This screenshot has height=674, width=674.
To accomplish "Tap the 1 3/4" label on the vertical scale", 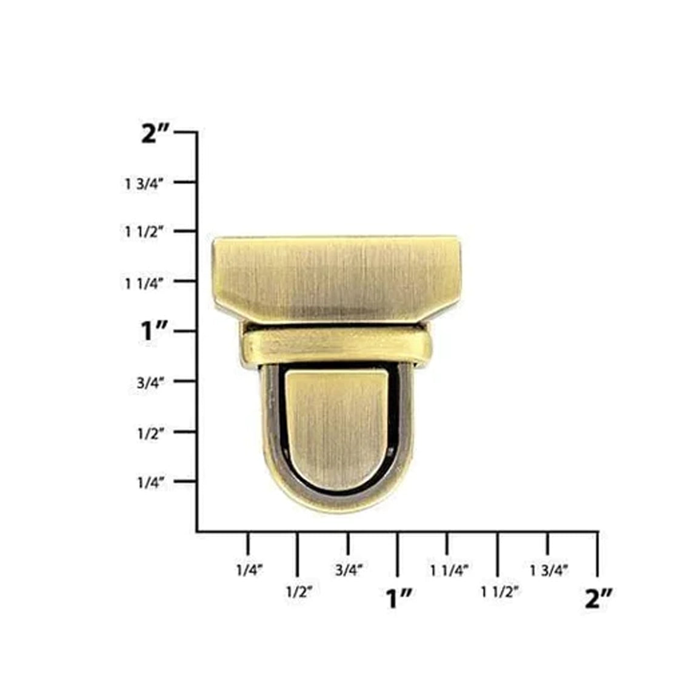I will pos(144,184).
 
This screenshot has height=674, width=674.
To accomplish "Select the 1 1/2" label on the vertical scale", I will pos(144,232).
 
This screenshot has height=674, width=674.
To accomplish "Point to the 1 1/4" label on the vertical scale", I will pos(144,282).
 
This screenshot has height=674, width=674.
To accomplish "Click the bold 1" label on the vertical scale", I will pos(154,332).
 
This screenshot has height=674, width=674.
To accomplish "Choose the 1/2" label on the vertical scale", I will pos(148,433).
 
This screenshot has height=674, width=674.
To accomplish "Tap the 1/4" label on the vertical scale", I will pos(148,482).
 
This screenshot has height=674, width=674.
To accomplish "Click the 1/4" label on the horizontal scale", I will pos(249,570).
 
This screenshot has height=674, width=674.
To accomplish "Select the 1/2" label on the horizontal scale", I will pos(299,592).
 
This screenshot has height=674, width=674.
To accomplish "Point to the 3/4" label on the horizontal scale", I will pos(349,570).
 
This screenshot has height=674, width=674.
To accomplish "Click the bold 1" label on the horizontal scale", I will pos(399,598).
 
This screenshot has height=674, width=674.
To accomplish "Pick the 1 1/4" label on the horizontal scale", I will pos(449,570).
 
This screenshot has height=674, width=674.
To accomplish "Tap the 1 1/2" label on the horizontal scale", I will pos(499,592).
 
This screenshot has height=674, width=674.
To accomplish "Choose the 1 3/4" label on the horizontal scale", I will pos(549,570).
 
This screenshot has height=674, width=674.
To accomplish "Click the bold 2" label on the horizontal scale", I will pos(599,598).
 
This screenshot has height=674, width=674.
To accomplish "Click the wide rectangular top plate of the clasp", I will pos(336,276).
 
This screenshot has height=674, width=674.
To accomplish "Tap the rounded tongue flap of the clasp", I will pos(336,424).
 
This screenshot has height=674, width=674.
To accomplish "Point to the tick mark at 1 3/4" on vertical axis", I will pos(187,182).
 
